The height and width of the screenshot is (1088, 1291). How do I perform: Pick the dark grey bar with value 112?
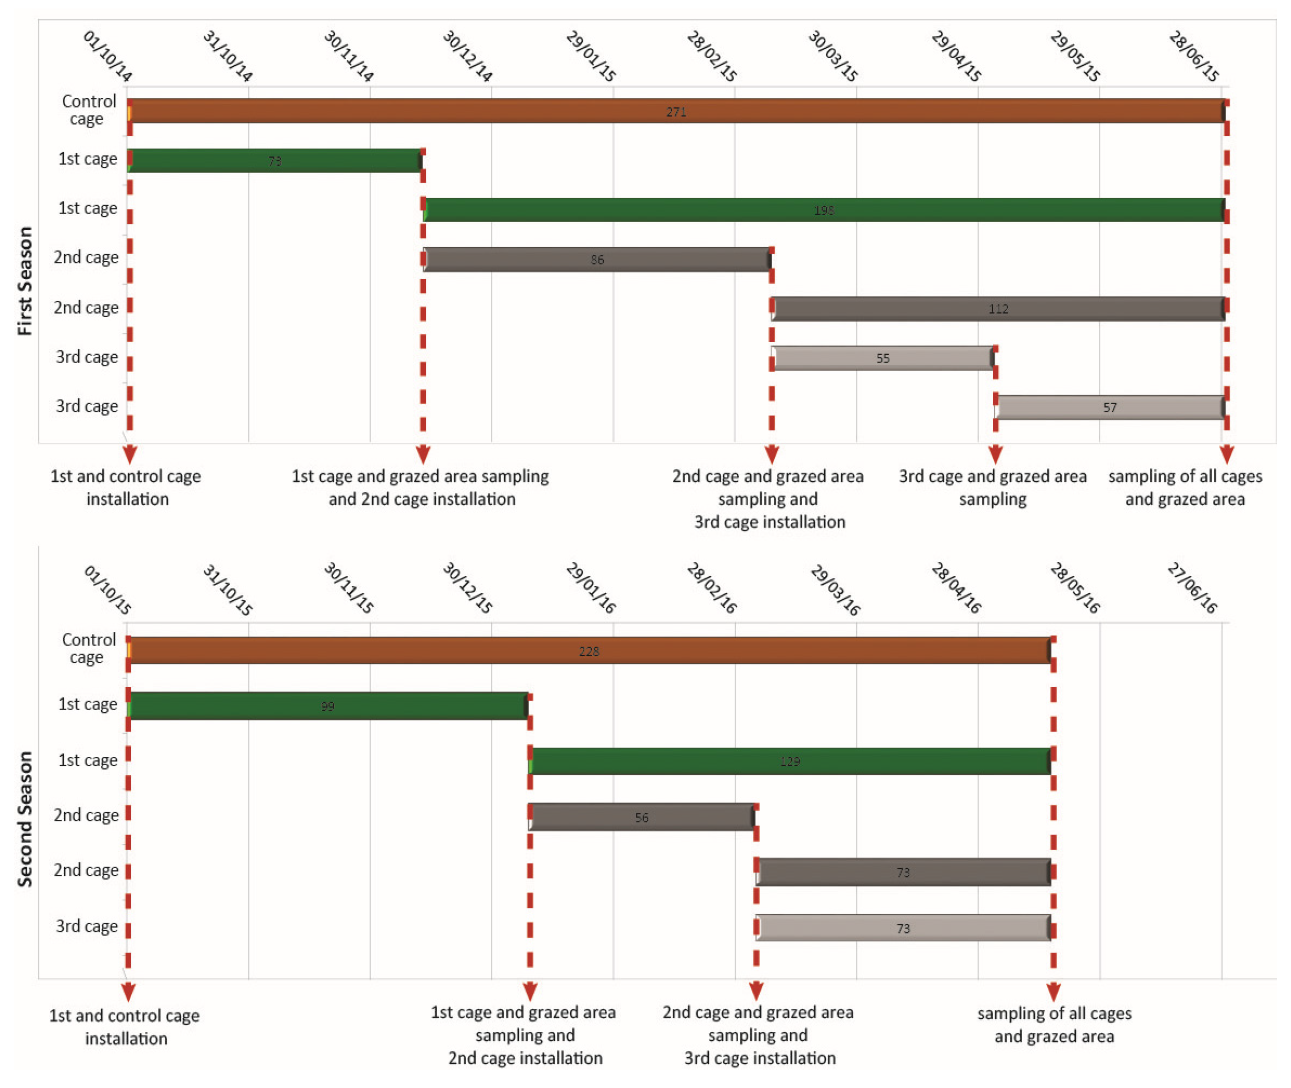tap(998, 309)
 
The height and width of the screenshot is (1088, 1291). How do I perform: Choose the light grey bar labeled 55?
tap(882, 358)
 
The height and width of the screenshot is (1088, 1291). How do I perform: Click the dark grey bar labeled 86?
tap(596, 260)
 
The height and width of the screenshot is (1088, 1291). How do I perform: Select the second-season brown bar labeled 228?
tap(589, 651)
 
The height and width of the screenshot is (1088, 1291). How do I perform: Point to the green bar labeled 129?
tap(790, 762)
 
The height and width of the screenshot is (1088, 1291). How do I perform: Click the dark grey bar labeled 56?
tap(642, 817)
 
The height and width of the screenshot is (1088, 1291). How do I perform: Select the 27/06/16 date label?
tap(1192, 588)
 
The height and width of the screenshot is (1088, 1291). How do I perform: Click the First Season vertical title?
tap(25, 281)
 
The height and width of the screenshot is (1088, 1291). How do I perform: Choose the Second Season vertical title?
tap(25, 819)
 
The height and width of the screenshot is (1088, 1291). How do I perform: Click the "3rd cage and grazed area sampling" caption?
tap(992, 487)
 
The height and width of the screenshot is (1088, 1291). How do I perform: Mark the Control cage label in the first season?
tap(88, 110)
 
